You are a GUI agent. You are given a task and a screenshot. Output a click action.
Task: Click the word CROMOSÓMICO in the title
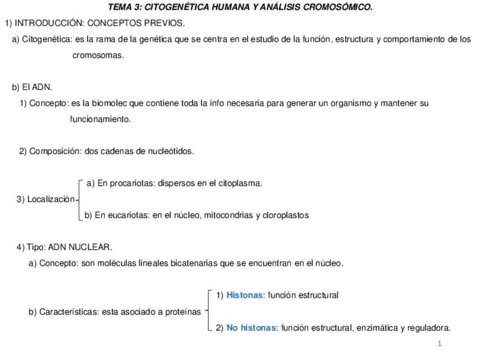click(x=338, y=7)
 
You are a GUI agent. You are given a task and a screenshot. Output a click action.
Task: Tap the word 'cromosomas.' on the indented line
click(x=98, y=55)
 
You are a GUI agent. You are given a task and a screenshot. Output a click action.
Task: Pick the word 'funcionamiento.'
click(x=100, y=119)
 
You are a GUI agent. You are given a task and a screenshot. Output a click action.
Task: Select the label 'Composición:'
click(x=55, y=151)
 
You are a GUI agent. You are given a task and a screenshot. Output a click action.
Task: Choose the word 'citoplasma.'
click(x=240, y=183)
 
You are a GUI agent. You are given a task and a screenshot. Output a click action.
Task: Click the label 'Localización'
click(x=51, y=199)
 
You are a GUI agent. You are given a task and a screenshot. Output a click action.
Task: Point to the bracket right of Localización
click(x=80, y=199)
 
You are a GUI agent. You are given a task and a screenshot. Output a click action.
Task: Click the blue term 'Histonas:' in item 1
click(x=246, y=295)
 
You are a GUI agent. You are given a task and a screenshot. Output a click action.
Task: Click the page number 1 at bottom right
click(x=440, y=344)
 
